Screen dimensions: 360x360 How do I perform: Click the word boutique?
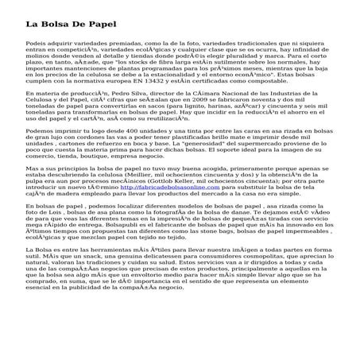(122, 181)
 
